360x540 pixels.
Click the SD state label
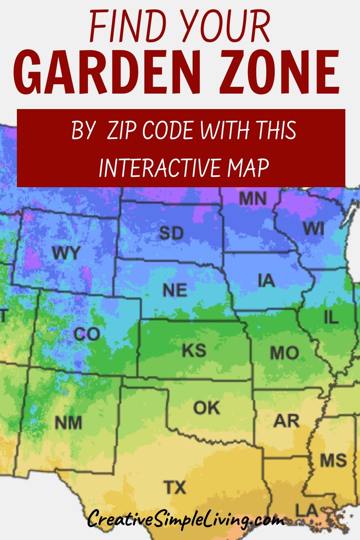[171, 233]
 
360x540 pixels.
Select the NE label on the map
[175, 290]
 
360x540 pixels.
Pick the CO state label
[87, 334]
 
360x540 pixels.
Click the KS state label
[194, 350]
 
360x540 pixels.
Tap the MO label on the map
[284, 353]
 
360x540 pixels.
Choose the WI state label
[314, 228]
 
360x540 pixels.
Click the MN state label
[253, 198]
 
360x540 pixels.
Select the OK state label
[206, 408]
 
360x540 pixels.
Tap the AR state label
[286, 420]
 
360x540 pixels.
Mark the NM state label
[68, 423]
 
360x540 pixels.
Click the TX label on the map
[175, 487]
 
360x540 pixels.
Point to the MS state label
[333, 460]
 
